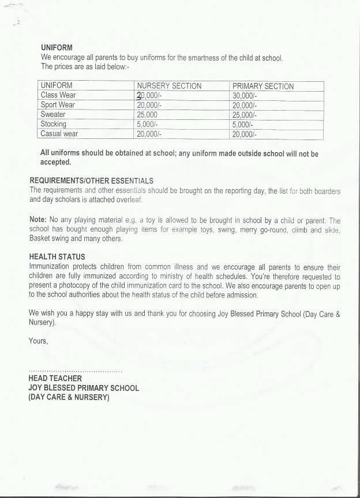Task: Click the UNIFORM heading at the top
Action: coord(56,47)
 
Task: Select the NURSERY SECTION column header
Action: coord(169,86)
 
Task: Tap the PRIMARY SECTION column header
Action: coord(262,86)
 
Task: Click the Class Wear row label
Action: coord(58,95)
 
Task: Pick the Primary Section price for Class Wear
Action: coord(245,95)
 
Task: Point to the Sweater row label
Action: coord(53,115)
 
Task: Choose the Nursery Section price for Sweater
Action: coord(148,115)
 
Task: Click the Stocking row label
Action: coord(53,124)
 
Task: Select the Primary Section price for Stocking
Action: coord(243,124)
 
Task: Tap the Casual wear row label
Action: coord(59,134)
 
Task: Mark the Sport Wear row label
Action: coord(58,105)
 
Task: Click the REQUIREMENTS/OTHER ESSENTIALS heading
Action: coord(91,181)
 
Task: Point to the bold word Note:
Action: coord(39,220)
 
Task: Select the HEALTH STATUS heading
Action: coord(57,257)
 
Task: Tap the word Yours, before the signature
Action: coord(39,341)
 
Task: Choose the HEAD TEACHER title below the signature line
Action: coord(55,379)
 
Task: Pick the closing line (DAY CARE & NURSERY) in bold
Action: coord(69,397)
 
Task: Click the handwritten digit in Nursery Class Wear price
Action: coord(139,95)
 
